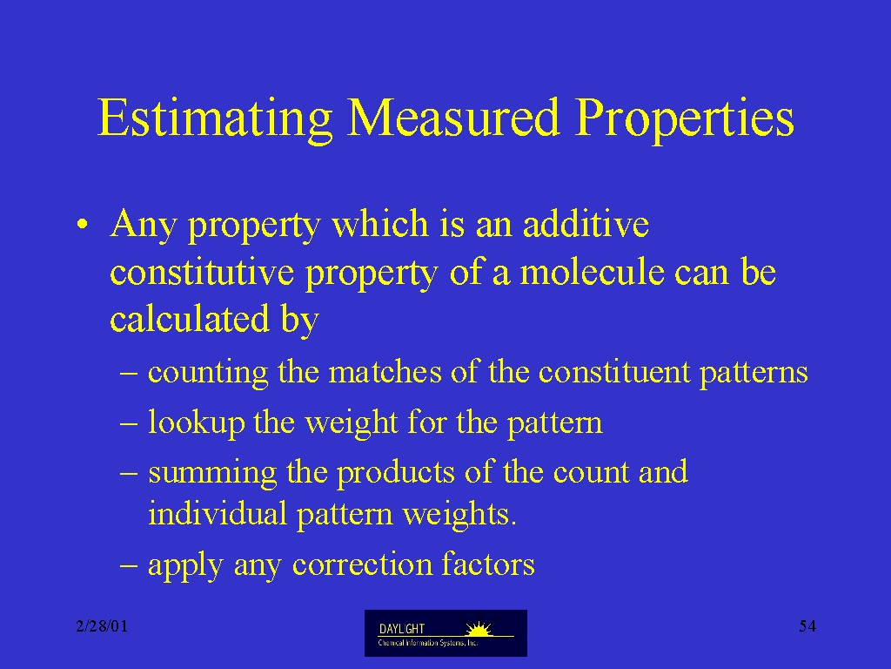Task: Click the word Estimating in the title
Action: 215,119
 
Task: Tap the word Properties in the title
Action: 684,119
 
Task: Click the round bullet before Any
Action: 83,224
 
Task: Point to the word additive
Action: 586,223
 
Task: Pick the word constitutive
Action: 202,272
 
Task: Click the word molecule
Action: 592,271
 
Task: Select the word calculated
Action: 189,319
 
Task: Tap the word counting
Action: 208,373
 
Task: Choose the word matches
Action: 385,371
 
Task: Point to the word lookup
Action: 196,423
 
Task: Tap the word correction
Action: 362,564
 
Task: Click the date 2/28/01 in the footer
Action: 102,626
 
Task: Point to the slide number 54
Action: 807,626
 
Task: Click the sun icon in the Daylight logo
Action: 479,629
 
